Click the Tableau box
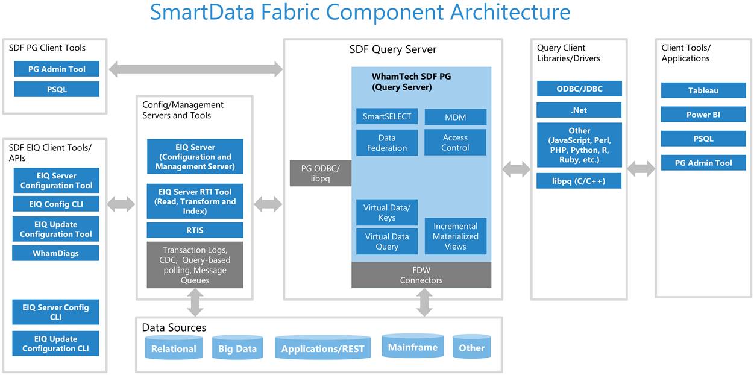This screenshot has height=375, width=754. point(703,90)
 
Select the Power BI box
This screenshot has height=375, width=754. point(703,114)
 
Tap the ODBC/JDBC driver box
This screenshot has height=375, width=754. point(579,89)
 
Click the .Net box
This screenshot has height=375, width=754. point(579,110)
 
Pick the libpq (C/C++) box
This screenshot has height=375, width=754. point(579,181)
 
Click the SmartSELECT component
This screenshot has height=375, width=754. point(387,116)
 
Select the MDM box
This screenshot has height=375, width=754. point(456,117)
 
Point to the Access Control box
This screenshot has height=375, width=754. point(455,142)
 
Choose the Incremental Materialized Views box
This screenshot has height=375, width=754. point(456,236)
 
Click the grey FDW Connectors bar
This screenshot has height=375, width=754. point(421,275)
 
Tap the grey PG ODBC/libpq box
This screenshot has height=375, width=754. point(321,173)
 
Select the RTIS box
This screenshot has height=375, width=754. point(195,230)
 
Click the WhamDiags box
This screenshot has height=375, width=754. point(55,253)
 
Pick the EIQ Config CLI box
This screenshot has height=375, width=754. point(56,204)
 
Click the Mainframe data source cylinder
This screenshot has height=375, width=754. point(413,346)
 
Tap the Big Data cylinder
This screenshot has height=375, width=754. point(237,347)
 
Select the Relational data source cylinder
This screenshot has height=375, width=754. point(174,347)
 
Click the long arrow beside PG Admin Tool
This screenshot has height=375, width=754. point(195,69)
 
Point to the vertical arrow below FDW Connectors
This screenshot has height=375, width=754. point(424,303)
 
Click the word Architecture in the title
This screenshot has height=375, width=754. point(511,12)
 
